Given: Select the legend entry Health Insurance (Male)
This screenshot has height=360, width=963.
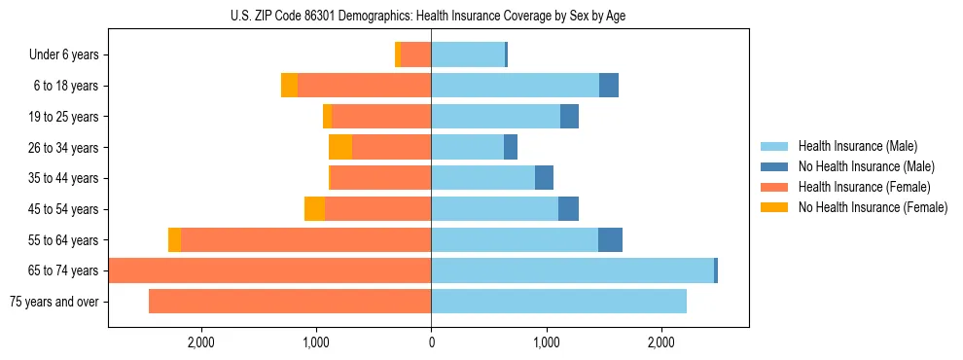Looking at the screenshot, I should (x=857, y=146).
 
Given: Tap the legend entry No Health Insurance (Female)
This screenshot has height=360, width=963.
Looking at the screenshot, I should (x=873, y=207).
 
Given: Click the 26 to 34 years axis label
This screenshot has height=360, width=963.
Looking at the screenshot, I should (x=62, y=148).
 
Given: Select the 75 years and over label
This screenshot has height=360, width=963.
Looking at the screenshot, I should (x=54, y=302).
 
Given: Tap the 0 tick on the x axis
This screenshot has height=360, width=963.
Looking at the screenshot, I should (x=431, y=342).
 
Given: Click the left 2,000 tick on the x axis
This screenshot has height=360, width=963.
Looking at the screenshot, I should (x=201, y=342).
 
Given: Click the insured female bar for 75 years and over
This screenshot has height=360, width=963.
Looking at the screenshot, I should (x=290, y=302).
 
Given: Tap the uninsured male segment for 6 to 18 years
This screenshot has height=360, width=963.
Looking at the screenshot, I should (x=609, y=86).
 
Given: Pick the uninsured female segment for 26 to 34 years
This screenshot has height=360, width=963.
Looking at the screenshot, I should (x=340, y=147).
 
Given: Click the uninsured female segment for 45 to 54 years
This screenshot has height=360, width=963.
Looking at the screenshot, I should (x=314, y=209).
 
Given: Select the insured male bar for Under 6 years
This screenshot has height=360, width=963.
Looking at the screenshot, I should (x=468, y=55).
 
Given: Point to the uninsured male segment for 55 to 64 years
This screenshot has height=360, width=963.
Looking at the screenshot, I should (x=610, y=240).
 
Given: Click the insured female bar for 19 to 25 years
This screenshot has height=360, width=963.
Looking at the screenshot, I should (x=381, y=117).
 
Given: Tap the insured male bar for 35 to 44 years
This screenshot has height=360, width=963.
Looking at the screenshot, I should (x=482, y=178).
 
